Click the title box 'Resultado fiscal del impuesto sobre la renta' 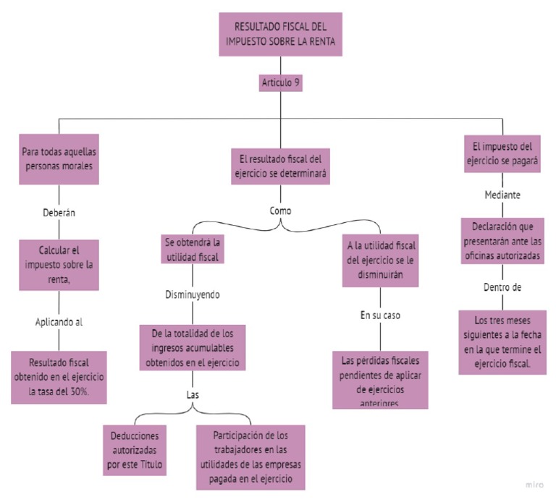click(279, 34)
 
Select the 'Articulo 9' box click(279, 83)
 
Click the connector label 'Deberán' click(59, 213)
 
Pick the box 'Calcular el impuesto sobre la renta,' click(59, 265)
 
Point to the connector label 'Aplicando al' click(59, 322)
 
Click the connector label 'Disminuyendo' click(192, 295)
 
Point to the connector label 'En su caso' click(380, 315)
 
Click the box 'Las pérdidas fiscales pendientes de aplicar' click(380, 379)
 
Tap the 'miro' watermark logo click(534, 483)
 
